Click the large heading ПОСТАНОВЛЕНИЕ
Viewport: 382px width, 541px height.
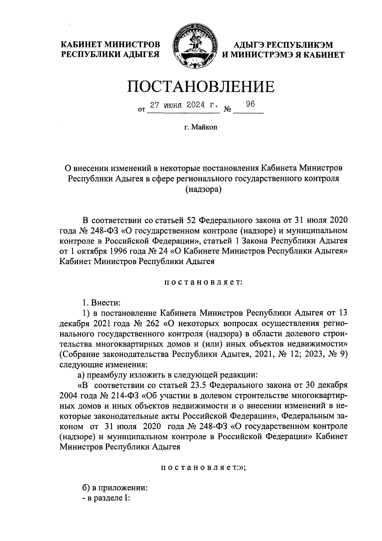[x=201, y=87]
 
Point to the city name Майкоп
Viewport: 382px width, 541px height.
[x=204, y=128]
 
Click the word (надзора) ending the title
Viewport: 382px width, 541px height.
[x=203, y=189]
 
